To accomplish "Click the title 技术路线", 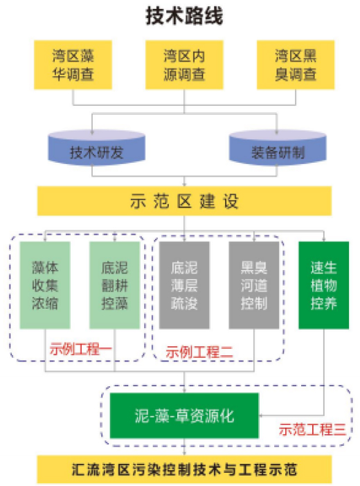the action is click(184, 16).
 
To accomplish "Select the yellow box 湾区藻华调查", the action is click(73, 65).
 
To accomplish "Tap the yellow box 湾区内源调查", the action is click(184, 65).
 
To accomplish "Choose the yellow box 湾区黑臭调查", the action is click(296, 65).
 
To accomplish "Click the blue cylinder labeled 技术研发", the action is click(96, 148).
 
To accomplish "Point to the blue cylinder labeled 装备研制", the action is click(278, 148).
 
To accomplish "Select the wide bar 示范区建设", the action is click(184, 201).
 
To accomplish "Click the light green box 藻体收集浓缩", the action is click(45, 285).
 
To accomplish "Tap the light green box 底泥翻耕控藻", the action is click(115, 285).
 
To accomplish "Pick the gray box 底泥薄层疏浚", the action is click(184, 285).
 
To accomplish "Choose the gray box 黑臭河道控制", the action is click(254, 285).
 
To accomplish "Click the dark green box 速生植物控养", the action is click(324, 285).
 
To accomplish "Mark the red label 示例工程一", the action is click(80, 349).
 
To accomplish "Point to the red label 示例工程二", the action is click(199, 352).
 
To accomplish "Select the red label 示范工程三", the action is click(312, 430).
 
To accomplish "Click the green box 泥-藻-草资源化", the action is click(184, 415).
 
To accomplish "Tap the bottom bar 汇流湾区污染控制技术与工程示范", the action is click(184, 469).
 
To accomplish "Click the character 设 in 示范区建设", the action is click(231, 201).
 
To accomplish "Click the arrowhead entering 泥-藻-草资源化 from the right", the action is click(260, 415).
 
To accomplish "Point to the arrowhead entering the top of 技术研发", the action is click(92, 132).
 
